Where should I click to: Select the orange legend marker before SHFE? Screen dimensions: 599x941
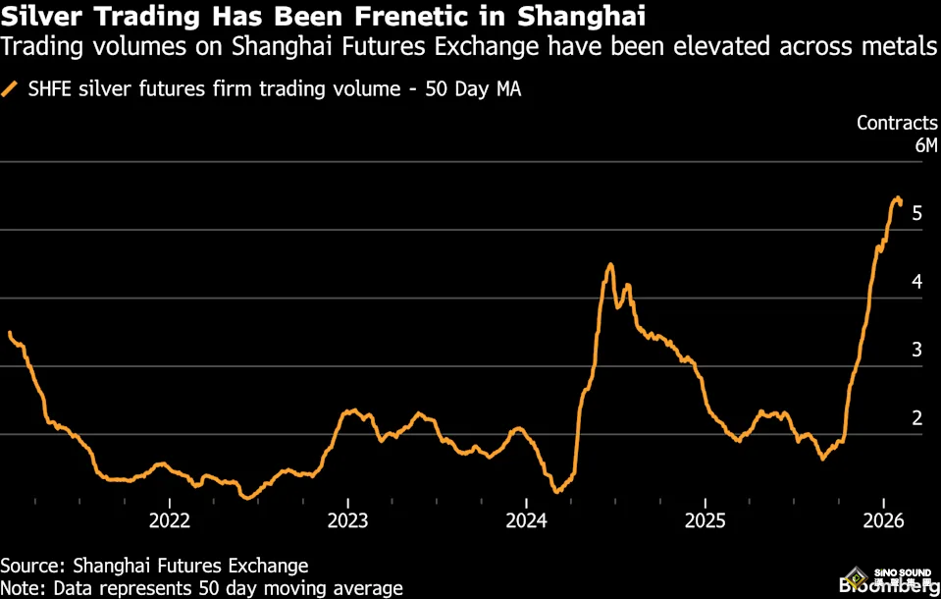[10, 89]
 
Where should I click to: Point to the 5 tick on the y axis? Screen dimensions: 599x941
[916, 213]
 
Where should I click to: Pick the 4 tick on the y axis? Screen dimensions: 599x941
[916, 282]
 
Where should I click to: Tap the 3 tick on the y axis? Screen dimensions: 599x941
[916, 350]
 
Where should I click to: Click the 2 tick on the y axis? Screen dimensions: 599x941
[916, 418]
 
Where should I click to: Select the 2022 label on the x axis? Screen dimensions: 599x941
[169, 519]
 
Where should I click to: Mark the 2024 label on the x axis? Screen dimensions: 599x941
[527, 519]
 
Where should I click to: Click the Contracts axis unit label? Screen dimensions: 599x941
[897, 123]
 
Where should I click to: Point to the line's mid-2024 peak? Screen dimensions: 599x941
[610, 264]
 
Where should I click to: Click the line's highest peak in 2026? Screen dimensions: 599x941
[897, 199]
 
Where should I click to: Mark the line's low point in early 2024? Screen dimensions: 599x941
[555, 491]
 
